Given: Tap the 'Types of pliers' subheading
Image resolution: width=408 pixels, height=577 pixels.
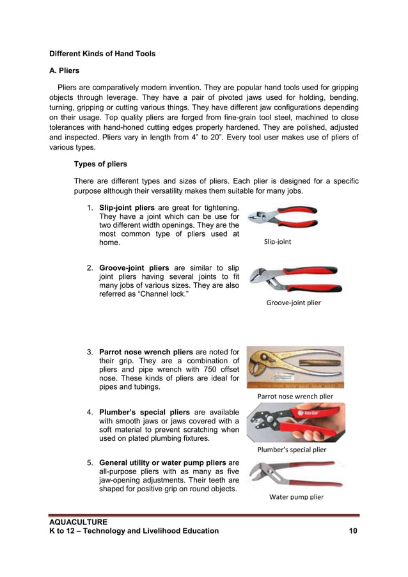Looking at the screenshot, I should coord(100,164).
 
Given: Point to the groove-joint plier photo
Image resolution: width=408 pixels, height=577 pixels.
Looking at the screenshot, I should coord(295,278).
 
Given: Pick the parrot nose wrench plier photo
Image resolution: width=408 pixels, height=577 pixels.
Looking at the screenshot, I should coord(295,367).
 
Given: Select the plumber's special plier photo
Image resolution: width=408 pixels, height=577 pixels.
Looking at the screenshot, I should coord(295,422).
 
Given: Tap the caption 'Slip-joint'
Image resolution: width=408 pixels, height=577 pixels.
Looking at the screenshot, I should coord(278,242).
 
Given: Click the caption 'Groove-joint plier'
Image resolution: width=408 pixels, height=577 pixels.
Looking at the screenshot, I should coord(294,303).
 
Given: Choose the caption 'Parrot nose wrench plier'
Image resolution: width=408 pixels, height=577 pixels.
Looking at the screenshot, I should coord(295,396).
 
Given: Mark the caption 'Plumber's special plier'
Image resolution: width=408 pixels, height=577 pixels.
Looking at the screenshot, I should coord(292,450).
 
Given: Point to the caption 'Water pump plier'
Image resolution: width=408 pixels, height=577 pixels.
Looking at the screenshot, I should coord(296,497).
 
